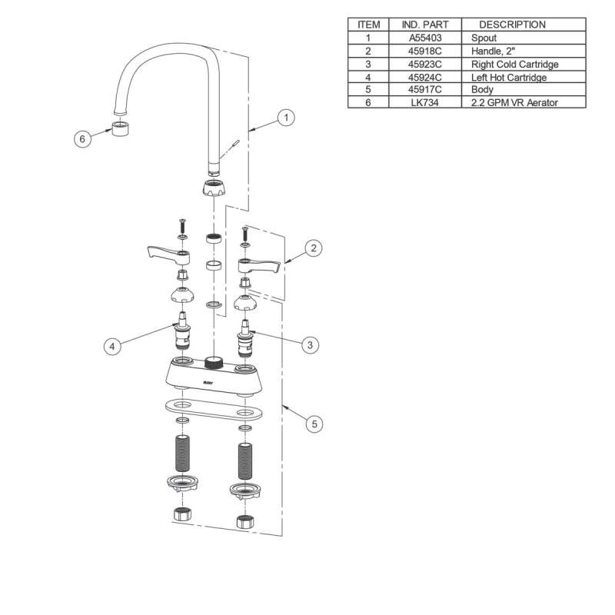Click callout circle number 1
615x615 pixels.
285,118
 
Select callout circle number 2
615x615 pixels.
313,248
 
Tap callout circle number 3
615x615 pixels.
309,345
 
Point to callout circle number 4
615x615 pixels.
112,347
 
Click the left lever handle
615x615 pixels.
163,254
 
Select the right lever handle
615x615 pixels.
259,267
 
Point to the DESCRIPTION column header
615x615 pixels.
513,24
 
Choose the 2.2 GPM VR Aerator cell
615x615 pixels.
513,102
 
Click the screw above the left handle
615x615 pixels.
182,225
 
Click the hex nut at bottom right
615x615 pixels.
244,521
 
